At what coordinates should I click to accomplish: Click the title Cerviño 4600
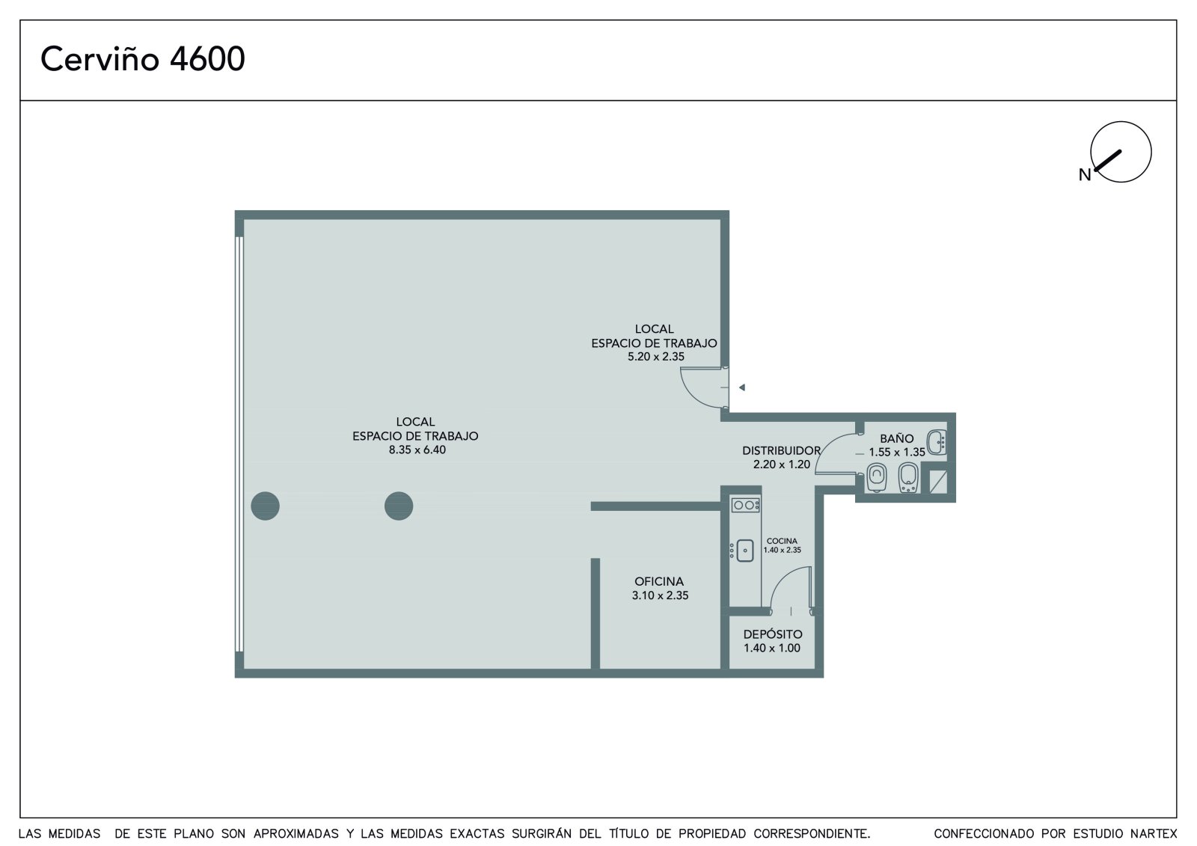143,58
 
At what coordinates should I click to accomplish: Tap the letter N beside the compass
1084,175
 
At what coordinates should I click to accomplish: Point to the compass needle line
1108,160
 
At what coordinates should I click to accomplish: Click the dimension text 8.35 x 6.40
417,450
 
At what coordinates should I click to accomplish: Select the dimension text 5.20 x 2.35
655,357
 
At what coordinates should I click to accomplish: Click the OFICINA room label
659,581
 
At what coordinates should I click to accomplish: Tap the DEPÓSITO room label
773,634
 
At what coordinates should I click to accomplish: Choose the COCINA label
782,541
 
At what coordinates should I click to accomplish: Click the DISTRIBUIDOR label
781,450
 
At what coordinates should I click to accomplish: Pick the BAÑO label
897,438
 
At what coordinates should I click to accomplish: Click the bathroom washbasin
937,442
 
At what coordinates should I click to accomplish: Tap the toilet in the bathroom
876,477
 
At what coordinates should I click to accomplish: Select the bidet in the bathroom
908,477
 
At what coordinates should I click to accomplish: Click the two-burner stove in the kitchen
745,505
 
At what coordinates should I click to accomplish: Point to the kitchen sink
744,551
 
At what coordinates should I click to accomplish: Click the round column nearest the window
265,506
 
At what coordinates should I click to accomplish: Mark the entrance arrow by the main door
741,387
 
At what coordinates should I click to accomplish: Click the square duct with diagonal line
938,482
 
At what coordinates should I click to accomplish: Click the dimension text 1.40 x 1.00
771,649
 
